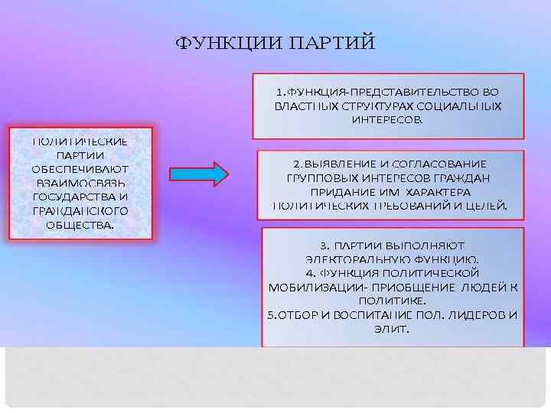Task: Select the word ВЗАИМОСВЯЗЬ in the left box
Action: click(80, 182)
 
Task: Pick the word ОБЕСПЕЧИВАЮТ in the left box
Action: click(80, 168)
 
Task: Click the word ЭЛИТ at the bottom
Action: click(391, 329)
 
